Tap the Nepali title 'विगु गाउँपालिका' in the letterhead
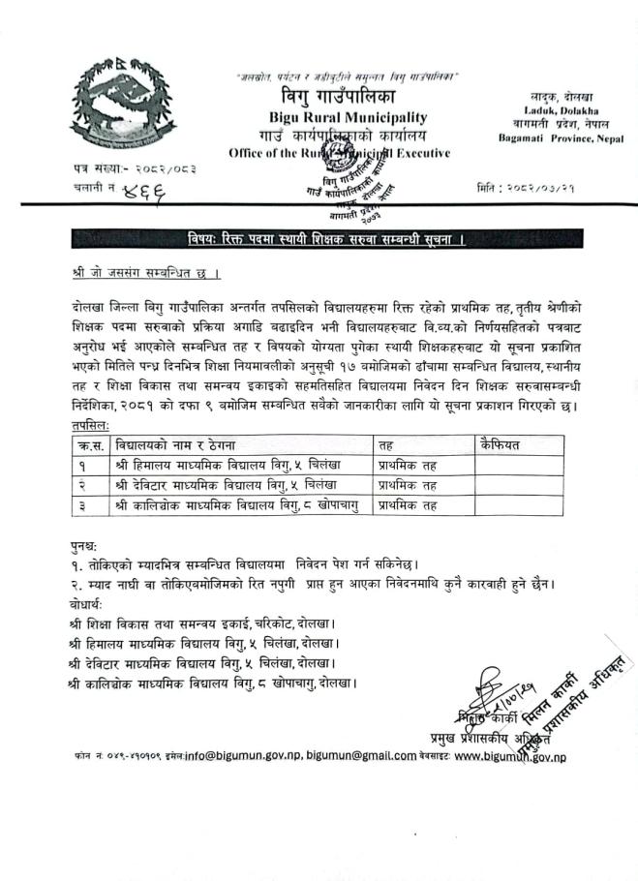pyautogui.click(x=333, y=97)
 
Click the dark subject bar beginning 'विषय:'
pyautogui.click(x=324, y=236)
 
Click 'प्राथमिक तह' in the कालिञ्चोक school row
pyautogui.click(x=409, y=504)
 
